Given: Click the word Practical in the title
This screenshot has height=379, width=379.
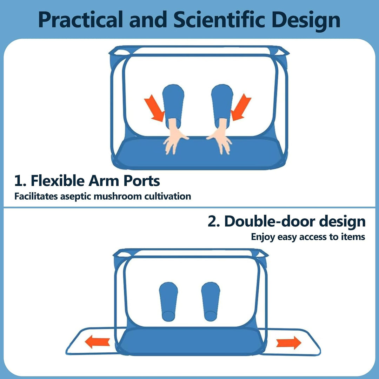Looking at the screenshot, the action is [80, 20].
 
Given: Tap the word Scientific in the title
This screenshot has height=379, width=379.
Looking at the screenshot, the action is [219, 19].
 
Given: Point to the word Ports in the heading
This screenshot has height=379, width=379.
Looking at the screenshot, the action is [142, 181].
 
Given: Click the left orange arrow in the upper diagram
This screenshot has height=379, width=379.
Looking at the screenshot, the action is [154, 108].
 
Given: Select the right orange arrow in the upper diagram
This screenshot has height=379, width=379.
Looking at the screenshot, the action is [241, 107].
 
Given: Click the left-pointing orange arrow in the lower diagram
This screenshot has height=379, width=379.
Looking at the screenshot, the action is [97, 342].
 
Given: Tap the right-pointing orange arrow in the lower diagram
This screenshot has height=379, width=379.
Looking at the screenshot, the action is [289, 343].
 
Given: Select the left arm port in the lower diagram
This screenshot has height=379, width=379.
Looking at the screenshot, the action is [168, 302].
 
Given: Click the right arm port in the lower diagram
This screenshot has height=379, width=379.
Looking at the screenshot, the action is [211, 302].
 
